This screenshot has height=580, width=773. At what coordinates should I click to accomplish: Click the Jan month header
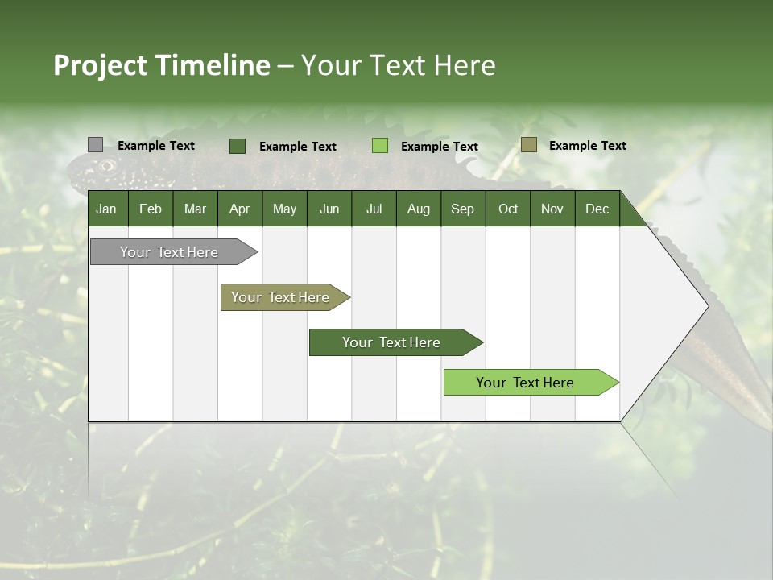coord(106,209)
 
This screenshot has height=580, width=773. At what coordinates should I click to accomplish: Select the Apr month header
coord(240,209)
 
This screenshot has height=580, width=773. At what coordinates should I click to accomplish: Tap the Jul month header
coord(374,209)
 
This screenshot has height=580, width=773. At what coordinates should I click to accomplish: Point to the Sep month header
coord(462,209)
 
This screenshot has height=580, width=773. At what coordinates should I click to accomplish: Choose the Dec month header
coord(597,209)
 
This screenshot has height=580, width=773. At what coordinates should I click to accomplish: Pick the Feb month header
coord(151,209)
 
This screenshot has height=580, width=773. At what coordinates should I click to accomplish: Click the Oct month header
coord(508,209)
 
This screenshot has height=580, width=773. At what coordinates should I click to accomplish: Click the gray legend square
coord(95,145)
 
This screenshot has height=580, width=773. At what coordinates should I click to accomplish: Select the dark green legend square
coord(237,146)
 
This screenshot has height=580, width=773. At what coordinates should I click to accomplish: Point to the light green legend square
coord(380,146)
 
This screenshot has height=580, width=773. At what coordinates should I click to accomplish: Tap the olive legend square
coord(528,145)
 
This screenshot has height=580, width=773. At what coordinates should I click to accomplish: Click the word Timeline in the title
coord(212,65)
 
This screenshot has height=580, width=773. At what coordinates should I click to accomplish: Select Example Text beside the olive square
coord(587,146)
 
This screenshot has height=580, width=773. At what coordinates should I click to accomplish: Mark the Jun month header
coord(329,209)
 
